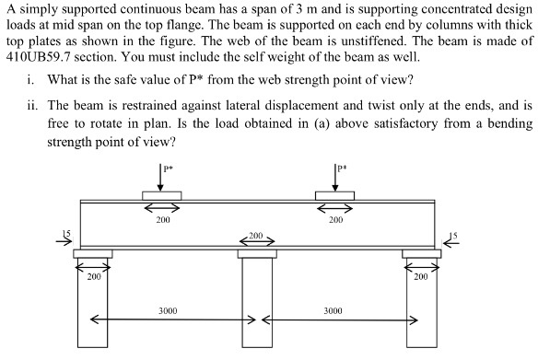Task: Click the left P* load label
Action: [167, 168]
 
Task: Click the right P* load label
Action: [341, 168]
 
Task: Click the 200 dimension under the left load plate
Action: [162, 219]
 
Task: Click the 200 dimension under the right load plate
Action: [334, 219]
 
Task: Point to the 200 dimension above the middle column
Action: [256, 237]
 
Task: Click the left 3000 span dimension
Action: [167, 311]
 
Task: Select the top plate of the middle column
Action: [256, 252]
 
